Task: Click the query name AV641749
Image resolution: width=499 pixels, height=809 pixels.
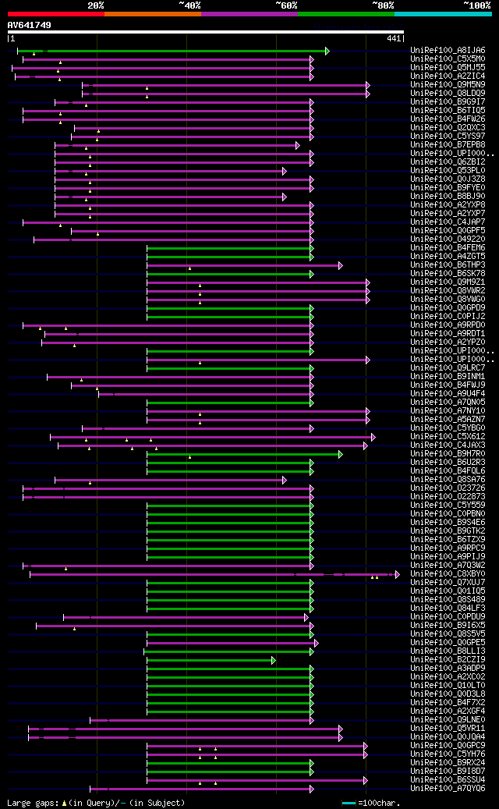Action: (30, 25)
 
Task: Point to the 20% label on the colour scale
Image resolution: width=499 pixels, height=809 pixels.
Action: (96, 5)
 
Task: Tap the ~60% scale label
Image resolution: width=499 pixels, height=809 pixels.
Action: (286, 5)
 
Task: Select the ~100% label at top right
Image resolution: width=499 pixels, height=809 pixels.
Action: (476, 5)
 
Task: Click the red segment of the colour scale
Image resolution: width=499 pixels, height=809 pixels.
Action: (55, 14)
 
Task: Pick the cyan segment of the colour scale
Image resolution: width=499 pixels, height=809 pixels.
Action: (442, 14)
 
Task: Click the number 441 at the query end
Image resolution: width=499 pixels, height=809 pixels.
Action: (394, 38)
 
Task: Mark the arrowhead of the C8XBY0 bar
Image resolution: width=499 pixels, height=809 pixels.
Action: (397, 574)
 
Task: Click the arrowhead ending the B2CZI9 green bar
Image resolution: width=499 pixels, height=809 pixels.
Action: (274, 660)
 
